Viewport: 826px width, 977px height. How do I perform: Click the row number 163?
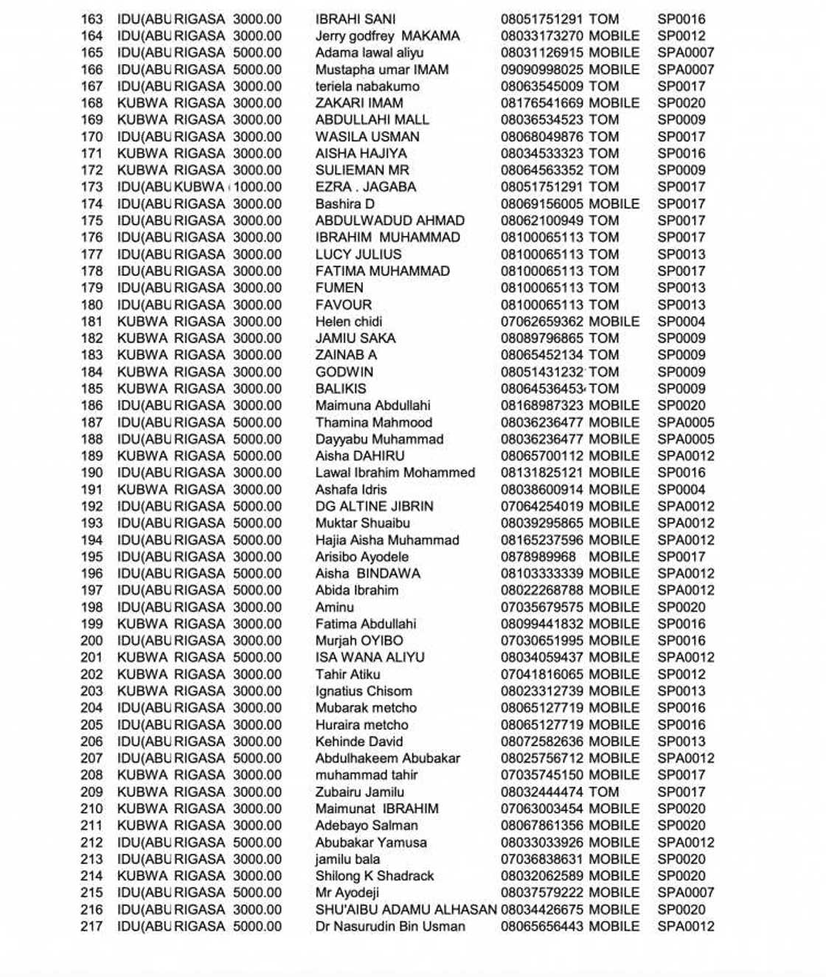coord(92,19)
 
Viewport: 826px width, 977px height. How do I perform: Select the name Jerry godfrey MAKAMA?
coord(387,36)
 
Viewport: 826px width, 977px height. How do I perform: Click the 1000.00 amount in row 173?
coord(257,187)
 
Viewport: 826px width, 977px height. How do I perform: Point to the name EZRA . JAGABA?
coord(366,187)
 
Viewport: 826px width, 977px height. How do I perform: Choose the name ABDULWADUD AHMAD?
coord(390,221)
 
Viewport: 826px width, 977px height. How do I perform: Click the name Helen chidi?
coord(349,322)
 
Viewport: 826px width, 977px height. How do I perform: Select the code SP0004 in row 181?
coord(681,322)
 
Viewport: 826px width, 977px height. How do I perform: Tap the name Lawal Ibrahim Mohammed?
coord(395,473)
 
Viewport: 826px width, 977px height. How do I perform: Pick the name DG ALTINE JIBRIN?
coord(375,507)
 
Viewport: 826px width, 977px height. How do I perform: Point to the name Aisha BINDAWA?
coord(368,574)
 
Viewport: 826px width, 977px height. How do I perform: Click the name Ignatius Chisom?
coord(364,692)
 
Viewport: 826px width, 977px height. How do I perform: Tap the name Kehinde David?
coord(359,742)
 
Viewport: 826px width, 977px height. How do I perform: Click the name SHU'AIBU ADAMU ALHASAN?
coord(406,910)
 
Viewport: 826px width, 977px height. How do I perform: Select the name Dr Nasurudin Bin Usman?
coord(390,927)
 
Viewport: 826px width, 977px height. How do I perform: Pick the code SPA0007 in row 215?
coord(686,893)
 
